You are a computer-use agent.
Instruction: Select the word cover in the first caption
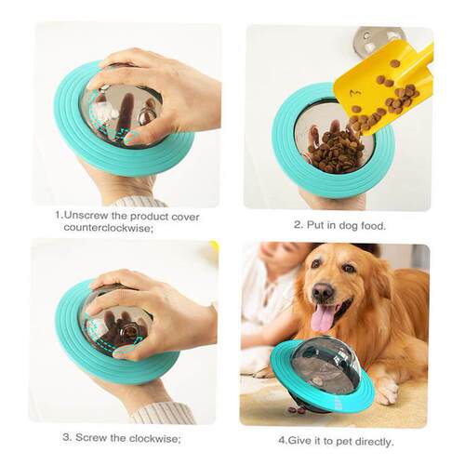click(184, 217)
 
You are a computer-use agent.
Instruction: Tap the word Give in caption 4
click(289, 441)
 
